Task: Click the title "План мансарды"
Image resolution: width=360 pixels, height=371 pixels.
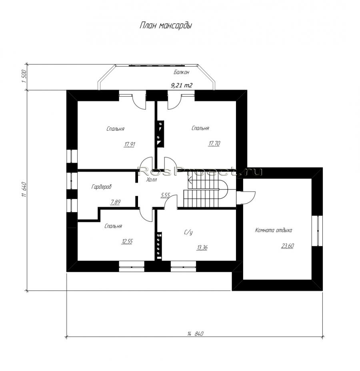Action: (166, 26)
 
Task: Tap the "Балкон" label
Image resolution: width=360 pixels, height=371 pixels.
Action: (181, 72)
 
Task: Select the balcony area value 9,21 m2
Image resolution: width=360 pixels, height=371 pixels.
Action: (182, 86)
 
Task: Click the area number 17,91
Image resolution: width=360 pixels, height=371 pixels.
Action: (130, 144)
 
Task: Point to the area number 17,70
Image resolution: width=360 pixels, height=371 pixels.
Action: (214, 144)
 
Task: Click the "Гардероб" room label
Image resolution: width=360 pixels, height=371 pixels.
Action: (101, 187)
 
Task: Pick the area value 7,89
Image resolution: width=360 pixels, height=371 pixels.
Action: (115, 202)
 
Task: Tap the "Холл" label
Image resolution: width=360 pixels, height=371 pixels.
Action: (152, 180)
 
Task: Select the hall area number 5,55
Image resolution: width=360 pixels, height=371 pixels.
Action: (166, 195)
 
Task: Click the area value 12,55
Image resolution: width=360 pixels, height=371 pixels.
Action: (127, 241)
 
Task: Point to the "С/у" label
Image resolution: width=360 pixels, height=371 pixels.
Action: (188, 233)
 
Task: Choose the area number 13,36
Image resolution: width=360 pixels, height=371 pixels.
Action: (202, 247)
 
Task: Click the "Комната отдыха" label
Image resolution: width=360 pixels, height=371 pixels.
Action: (273, 230)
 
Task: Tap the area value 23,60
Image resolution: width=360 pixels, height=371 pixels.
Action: (288, 246)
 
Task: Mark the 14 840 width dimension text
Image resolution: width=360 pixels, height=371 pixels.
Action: (196, 334)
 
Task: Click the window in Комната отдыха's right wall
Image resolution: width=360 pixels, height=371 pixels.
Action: (317, 231)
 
